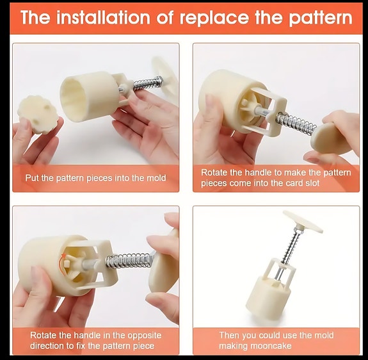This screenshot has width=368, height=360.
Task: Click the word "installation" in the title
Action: point(103,17)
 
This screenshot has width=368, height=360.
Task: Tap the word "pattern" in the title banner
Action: point(321,19)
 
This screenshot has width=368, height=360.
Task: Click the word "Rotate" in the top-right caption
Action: point(214,172)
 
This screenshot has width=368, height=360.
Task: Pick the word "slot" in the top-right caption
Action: point(312,183)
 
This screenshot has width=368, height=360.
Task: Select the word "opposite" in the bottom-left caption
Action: point(144,336)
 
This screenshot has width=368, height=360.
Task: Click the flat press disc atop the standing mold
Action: point(303,221)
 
